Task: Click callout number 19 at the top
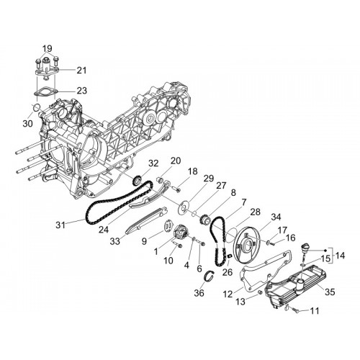pyautogui.click(x=48, y=48)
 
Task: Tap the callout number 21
pyautogui.click(x=81, y=71)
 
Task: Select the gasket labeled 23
pyautogui.click(x=45, y=92)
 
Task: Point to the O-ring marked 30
pyautogui.click(x=36, y=107)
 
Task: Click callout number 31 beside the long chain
pyautogui.click(x=60, y=225)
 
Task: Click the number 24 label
pyautogui.click(x=104, y=230)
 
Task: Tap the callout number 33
pyautogui.click(x=114, y=241)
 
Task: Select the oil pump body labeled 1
pyautogui.click(x=181, y=232)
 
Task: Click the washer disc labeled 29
pyautogui.click(x=184, y=207)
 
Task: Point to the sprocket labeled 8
pyautogui.click(x=205, y=219)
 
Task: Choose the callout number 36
pyautogui.click(x=199, y=293)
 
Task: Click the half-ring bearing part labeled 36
pyautogui.click(x=208, y=277)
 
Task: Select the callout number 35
pyautogui.click(x=330, y=292)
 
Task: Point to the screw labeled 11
pyautogui.click(x=295, y=310)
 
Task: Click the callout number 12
pyautogui.click(x=228, y=294)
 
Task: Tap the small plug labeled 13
pyautogui.click(x=259, y=292)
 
